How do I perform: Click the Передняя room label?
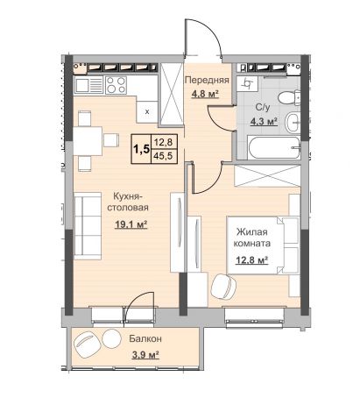click(x=207, y=80)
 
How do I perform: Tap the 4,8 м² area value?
click(x=205, y=94)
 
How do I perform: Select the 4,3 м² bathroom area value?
click(x=264, y=121)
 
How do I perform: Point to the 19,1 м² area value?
click(x=131, y=224)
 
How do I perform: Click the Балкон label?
click(x=145, y=339)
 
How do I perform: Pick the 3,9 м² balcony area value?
click(x=145, y=355)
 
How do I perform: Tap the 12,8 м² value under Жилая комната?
click(x=252, y=259)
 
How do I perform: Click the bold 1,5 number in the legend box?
click(x=141, y=149)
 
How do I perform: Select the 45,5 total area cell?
click(x=163, y=156)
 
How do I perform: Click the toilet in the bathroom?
click(x=289, y=98)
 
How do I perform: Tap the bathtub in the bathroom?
click(x=274, y=147)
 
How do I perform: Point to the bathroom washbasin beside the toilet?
click(x=293, y=122)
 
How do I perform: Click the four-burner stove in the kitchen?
click(x=116, y=85)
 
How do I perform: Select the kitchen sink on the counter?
click(x=89, y=85)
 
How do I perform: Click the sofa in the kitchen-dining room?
click(x=87, y=226)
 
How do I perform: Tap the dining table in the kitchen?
click(x=88, y=141)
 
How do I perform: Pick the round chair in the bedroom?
click(x=223, y=287)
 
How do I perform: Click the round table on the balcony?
click(x=110, y=339)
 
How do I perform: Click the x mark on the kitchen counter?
click(x=147, y=111)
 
